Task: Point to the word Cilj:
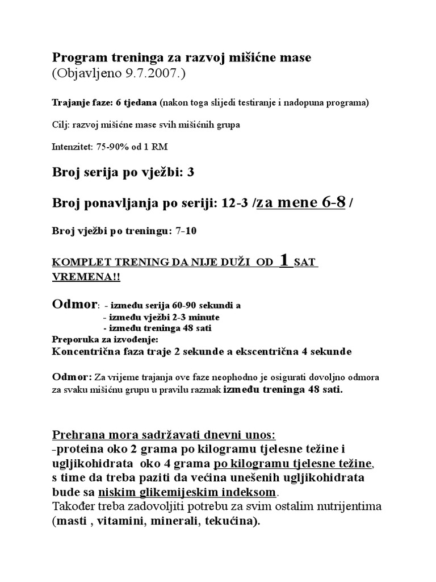pyautogui.click(x=61, y=124)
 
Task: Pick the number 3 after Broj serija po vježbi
pyautogui.click(x=190, y=173)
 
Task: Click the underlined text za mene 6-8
pyautogui.click(x=301, y=203)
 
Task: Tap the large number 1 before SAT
pyautogui.click(x=286, y=260)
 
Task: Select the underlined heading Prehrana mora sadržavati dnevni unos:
pyautogui.click(x=164, y=435)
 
